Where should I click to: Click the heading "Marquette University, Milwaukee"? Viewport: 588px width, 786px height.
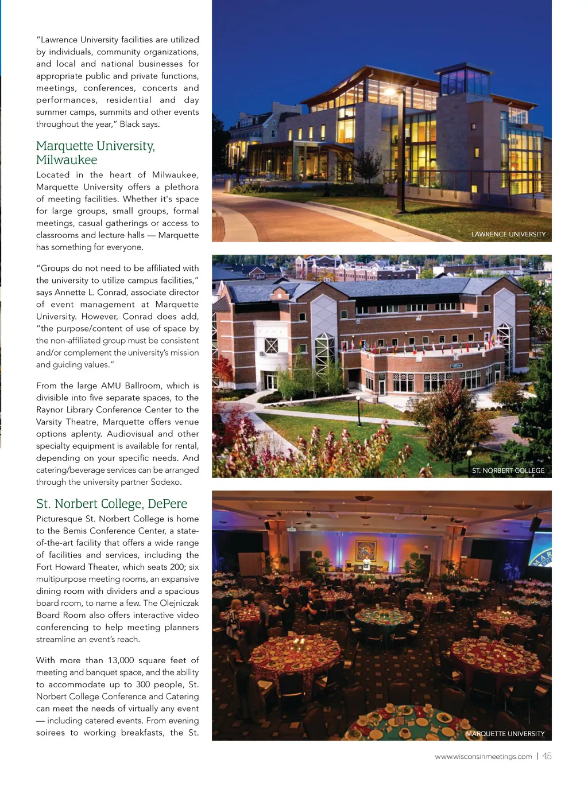pos(95,153)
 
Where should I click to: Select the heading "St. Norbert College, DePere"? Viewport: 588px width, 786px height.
pos(111,504)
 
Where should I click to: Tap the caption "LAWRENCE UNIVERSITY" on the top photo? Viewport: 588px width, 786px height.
pos(508,234)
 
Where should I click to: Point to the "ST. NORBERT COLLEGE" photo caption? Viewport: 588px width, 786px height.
pos(508,470)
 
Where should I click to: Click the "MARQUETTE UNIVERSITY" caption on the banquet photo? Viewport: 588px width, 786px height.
pos(505,734)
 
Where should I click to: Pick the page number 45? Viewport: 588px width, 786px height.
pos(547,756)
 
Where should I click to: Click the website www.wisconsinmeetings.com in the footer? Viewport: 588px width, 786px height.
pos(483,757)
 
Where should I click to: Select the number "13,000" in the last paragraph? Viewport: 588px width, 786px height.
pos(121,660)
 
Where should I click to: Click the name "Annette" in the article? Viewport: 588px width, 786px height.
pos(71,292)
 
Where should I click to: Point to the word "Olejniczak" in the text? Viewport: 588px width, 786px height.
pos(179,603)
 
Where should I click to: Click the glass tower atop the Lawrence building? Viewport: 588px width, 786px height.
pos(466,81)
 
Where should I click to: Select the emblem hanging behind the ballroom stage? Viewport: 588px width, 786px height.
pos(366,549)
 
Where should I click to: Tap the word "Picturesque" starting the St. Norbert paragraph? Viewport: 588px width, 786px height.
pos(59,519)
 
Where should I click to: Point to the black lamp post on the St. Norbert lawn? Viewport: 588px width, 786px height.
pos(359,410)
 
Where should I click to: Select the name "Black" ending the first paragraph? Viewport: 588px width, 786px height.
pos(130,124)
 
